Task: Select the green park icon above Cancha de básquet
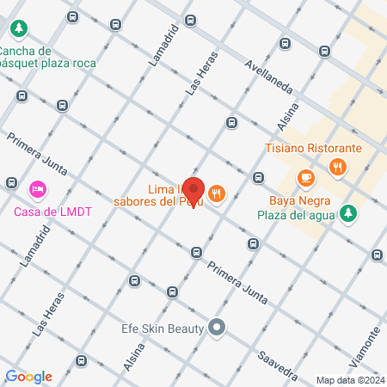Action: (18, 29)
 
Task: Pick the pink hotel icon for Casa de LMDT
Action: (37, 188)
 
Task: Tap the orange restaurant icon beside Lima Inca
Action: (216, 195)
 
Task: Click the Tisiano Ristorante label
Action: (313, 148)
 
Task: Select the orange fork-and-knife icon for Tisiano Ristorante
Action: (340, 168)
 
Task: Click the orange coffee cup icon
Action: (305, 177)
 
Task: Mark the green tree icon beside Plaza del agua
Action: (347, 212)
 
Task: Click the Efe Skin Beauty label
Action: (162, 328)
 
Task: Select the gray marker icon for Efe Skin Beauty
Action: (217, 327)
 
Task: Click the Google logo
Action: (28, 376)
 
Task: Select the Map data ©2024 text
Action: (350, 380)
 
